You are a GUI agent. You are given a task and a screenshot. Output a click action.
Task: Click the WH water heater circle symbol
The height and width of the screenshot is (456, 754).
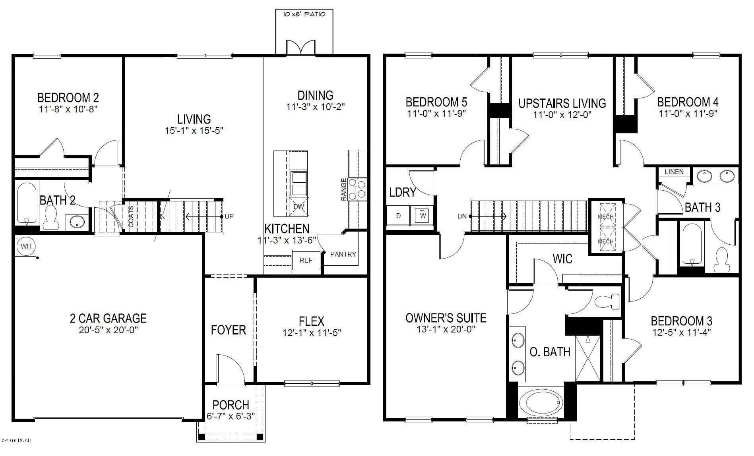point(26,246)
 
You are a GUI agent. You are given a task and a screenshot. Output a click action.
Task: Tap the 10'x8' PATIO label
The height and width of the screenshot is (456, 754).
point(304,14)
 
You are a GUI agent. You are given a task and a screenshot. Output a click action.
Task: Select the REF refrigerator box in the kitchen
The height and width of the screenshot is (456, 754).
point(306,260)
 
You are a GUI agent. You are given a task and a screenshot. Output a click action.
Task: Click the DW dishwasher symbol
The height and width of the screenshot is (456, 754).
point(298,207)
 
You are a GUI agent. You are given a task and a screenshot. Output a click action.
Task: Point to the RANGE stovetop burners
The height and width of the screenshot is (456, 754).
point(357,189)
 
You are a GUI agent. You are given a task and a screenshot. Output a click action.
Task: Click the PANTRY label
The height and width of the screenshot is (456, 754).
point(343,254)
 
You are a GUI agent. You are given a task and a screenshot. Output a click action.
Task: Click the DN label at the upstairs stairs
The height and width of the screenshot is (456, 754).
point(462,216)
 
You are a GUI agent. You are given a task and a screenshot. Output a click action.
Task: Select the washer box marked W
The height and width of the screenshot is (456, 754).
point(423,216)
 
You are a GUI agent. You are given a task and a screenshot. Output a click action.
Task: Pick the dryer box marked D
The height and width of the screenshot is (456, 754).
point(399,216)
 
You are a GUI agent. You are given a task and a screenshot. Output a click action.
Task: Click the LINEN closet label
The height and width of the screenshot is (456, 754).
point(674,172)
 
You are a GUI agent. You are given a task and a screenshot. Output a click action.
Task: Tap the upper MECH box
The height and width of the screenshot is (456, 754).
point(606,216)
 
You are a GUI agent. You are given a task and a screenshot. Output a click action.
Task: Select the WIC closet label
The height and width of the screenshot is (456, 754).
point(562,259)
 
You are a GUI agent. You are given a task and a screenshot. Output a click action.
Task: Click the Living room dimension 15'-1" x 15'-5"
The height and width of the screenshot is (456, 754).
point(194,131)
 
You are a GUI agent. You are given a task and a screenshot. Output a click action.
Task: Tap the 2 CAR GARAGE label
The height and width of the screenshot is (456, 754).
point(108,318)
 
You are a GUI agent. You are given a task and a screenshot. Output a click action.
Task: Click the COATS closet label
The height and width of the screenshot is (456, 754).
point(131,216)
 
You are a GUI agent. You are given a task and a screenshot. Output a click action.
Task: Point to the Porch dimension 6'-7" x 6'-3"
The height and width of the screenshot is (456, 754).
point(231,416)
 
